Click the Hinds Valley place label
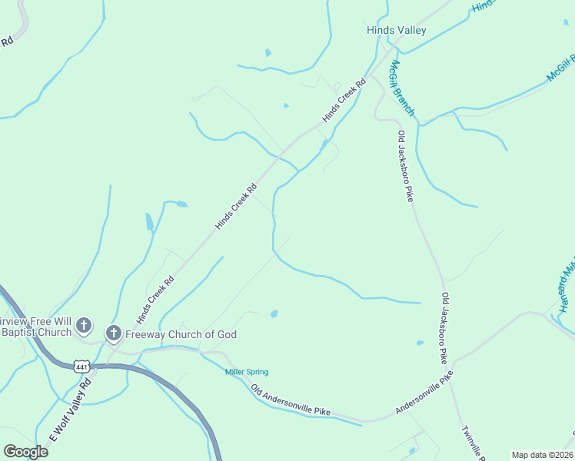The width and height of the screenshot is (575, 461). tap(396, 31)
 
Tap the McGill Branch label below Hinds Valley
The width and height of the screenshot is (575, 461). tap(402, 88)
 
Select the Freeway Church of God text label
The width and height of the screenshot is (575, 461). tap(182, 334)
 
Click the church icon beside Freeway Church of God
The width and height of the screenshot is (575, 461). tap(113, 333)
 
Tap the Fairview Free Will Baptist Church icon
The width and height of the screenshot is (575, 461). tap(84, 327)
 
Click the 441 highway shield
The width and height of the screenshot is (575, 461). tap(82, 366)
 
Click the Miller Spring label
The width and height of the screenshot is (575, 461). tap(246, 373)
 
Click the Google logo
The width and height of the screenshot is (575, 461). tap(25, 452)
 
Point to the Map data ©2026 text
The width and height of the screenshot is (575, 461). tap(543, 455)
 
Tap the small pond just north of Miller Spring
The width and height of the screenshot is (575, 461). tap(274, 313)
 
